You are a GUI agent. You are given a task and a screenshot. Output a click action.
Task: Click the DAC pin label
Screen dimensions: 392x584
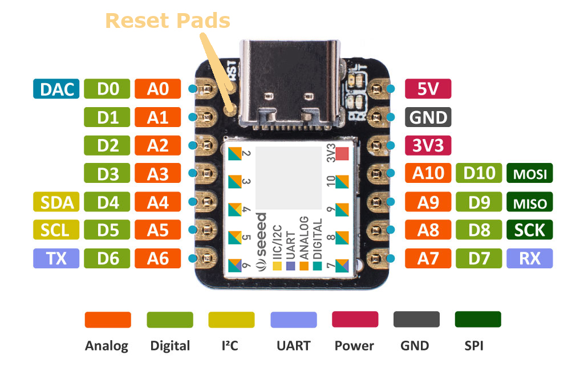[x=56, y=89]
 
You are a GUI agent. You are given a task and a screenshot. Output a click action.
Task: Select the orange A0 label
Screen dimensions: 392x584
[x=158, y=89]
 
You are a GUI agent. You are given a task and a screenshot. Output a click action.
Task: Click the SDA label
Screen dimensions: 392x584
[x=56, y=202]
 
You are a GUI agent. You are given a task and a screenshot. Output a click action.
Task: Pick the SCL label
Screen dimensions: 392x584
[x=56, y=230]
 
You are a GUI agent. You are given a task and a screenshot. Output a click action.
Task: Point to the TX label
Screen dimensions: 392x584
[x=56, y=259]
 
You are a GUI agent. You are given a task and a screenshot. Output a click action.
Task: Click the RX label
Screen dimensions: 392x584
[x=529, y=259]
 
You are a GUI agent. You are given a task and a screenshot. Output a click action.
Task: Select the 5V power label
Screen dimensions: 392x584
[x=428, y=89]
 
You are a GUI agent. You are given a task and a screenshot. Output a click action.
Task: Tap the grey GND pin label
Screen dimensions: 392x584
[x=428, y=117]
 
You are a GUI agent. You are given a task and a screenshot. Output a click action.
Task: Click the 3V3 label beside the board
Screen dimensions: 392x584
[x=428, y=145]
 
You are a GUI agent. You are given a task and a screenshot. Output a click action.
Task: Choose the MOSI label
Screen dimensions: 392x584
[x=529, y=174]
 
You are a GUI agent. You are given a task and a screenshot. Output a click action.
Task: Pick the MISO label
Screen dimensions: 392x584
[x=529, y=202]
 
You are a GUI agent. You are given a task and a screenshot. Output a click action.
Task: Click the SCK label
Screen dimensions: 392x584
[x=529, y=230]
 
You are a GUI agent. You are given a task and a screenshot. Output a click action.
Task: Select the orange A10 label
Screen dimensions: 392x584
[x=428, y=173]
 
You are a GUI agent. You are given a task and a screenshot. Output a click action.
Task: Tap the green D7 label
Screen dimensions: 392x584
[x=478, y=259]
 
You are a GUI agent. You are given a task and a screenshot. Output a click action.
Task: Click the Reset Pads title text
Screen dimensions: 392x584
[x=168, y=21]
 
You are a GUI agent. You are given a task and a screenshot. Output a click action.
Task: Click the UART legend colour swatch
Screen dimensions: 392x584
[x=293, y=319]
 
